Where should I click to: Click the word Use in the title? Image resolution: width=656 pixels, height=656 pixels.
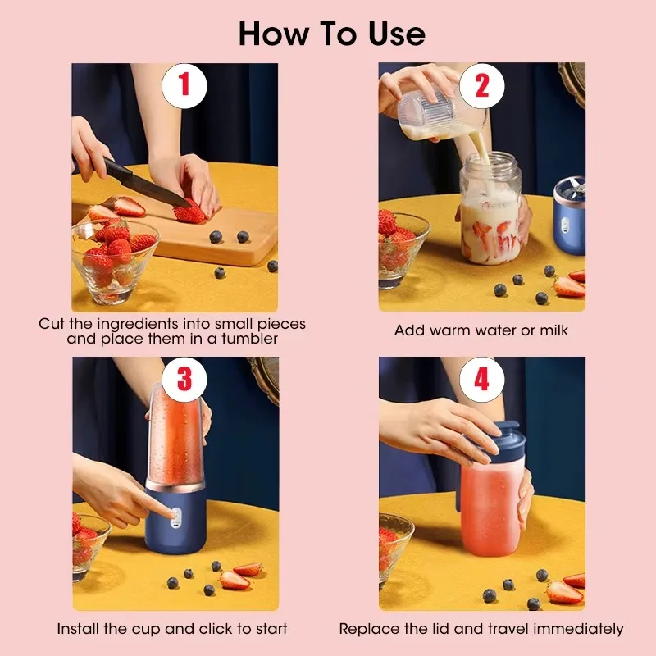[390, 34]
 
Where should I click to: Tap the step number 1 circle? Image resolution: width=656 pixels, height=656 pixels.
[184, 85]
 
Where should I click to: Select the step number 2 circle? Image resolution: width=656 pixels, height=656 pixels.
[482, 85]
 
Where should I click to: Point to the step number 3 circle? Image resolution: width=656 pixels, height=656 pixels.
[184, 378]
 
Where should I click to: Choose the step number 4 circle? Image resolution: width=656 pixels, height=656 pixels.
[482, 378]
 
